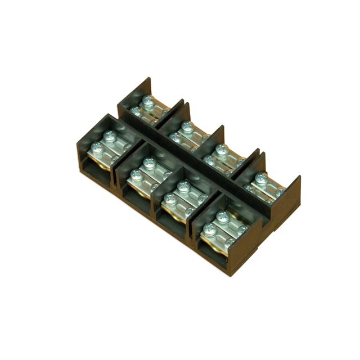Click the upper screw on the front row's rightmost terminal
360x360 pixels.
pyautogui.click(x=222, y=215)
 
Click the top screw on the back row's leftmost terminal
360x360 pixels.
pyautogui.click(x=148, y=102)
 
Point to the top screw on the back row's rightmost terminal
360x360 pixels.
pyautogui.click(x=260, y=179)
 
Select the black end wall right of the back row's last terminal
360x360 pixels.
pyautogui.click(x=292, y=194)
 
